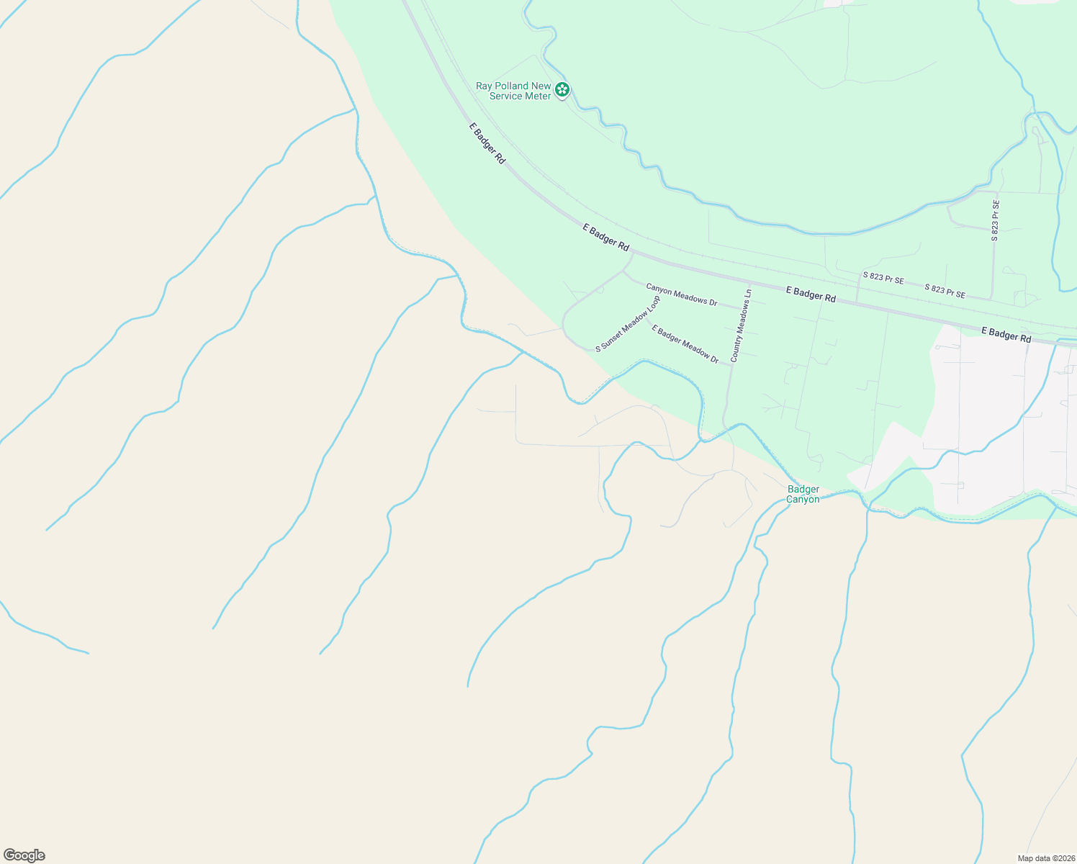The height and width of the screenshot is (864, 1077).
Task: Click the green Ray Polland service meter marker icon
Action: [x=562, y=90]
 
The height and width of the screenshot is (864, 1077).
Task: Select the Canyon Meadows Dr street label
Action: [x=681, y=294]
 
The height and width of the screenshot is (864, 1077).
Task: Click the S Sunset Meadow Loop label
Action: [x=627, y=324]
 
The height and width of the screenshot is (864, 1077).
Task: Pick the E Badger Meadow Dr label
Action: [x=685, y=343]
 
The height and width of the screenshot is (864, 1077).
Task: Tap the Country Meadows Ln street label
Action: [x=741, y=325]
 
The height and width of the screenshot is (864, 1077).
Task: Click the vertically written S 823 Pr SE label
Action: [x=995, y=220]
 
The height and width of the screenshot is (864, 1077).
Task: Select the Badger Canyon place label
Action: [x=803, y=494]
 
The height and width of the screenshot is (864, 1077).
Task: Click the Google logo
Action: [x=24, y=855]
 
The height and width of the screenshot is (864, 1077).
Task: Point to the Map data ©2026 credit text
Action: [x=1045, y=858]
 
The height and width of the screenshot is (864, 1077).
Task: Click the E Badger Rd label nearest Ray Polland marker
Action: [x=487, y=143]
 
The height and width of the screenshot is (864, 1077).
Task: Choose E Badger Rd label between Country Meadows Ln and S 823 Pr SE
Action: [x=811, y=294]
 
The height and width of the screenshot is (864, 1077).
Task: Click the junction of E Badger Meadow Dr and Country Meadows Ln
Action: [x=731, y=365]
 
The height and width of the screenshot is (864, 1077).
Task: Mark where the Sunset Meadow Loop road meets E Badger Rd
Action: [x=633, y=253]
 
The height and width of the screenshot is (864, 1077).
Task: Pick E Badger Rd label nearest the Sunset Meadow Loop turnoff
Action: [x=605, y=237]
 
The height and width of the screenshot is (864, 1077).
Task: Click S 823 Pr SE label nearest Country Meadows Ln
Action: [x=883, y=279]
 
